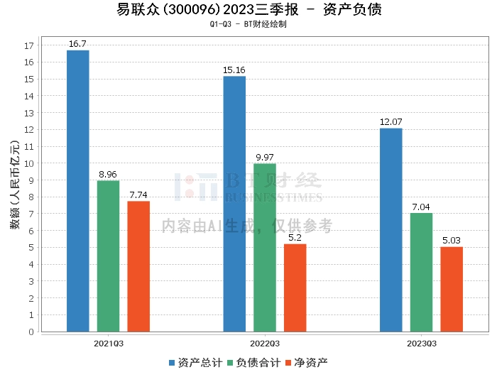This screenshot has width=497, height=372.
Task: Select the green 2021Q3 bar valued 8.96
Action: coord(108,256)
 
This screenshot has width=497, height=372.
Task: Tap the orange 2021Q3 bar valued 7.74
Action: coord(138,266)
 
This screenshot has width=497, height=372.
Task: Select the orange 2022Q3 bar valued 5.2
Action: coord(295,288)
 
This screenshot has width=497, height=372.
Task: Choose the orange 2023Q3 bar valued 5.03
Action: coord(452,289)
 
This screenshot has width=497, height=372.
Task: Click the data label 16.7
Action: coord(78,44)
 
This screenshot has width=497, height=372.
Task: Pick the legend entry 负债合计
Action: coord(254,362)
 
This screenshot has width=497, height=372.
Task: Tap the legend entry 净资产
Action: coord(307,362)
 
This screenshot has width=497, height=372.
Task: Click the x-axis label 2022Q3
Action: coord(265,342)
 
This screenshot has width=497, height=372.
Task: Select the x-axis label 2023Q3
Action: coord(421,342)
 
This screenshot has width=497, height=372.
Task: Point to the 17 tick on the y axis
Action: coord(29,45)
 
